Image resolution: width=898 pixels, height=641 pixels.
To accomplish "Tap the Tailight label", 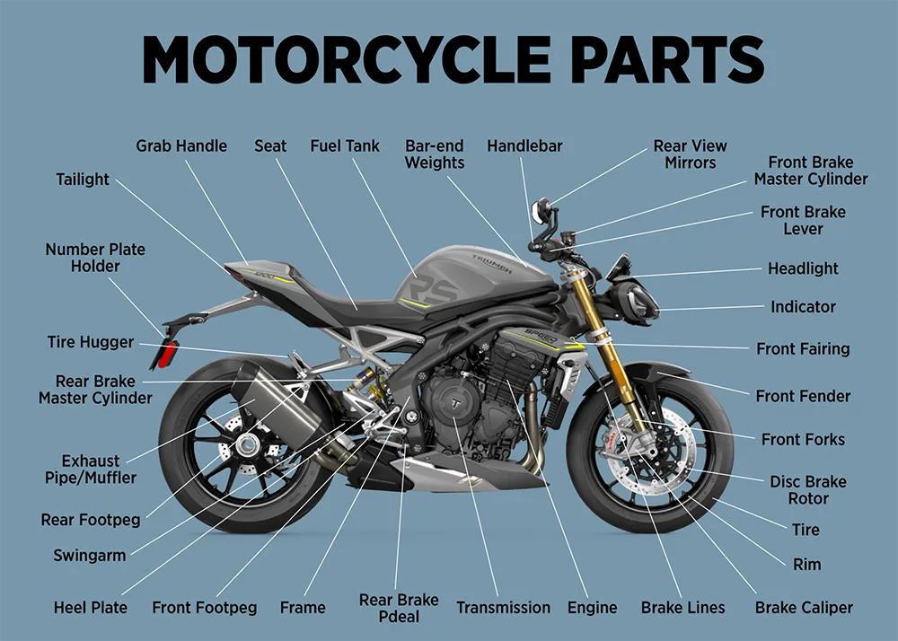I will coord(83,180).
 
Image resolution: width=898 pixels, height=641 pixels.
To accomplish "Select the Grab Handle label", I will coord(181,145).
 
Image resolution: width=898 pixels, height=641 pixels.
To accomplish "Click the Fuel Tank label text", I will coord(345,145).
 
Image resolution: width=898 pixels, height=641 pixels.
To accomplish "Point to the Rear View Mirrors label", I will coord(690,154).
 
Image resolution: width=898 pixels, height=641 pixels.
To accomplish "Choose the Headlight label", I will coord(803,268).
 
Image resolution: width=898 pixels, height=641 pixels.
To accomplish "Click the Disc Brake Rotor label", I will coord(807,490).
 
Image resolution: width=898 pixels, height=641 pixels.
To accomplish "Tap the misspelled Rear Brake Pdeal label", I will coord(399,608).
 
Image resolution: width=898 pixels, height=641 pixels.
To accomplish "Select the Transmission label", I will coord(503,608).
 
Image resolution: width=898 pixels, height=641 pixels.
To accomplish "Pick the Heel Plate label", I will coord(90,608).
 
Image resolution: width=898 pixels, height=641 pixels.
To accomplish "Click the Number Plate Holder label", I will coord(95,258).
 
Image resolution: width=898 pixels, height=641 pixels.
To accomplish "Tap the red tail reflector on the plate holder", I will coord(168,353).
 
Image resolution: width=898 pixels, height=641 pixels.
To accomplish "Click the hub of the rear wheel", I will coord(242,443).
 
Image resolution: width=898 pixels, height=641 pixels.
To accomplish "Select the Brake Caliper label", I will coord(804,608).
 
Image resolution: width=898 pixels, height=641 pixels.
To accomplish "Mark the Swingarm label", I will coord(90,556).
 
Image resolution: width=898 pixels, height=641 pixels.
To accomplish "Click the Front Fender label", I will coord(803,396).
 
